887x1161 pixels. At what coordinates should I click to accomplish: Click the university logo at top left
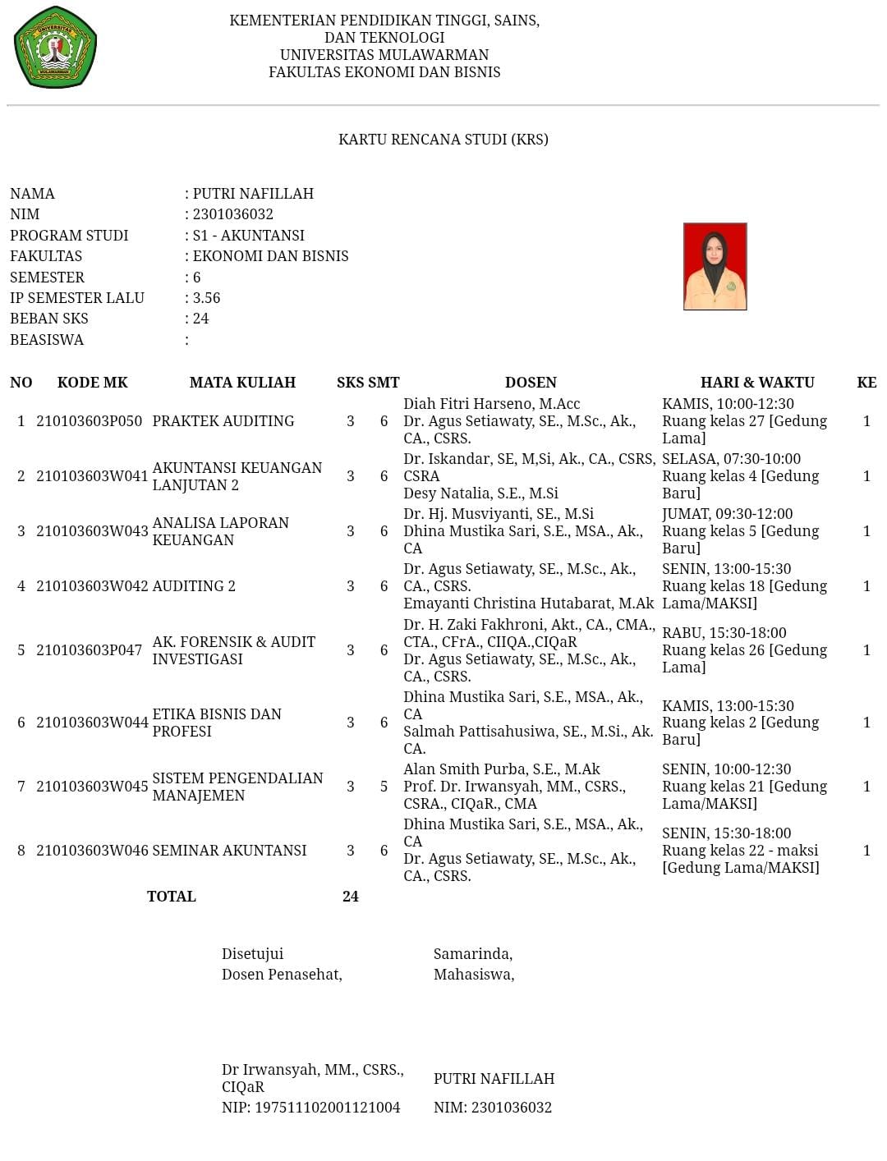[55, 47]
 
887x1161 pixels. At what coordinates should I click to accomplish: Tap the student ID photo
[715, 266]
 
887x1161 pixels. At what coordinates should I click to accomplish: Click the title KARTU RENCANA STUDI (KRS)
[443, 140]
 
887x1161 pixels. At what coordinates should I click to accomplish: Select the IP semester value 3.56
[206, 298]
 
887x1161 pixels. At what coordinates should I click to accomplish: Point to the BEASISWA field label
[47, 340]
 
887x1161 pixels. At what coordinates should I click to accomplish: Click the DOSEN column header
[531, 383]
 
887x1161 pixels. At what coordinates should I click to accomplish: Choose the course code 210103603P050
[89, 421]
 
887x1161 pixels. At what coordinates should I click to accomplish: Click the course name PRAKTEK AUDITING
[223, 421]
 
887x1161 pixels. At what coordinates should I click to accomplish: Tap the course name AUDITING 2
[194, 586]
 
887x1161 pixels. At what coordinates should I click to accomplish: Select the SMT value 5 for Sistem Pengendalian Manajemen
[384, 787]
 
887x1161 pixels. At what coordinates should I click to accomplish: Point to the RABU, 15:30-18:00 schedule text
[724, 633]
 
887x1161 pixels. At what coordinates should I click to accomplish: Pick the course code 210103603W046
[92, 851]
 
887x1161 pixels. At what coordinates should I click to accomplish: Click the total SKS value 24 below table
[351, 897]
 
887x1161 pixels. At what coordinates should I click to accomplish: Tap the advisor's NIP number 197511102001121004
[327, 1108]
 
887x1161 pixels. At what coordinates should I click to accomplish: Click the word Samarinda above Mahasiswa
[472, 954]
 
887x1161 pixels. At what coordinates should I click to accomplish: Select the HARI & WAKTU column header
[756, 383]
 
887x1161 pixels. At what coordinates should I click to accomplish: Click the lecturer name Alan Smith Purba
[501, 769]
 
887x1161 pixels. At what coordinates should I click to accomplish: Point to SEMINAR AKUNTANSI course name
[229, 851]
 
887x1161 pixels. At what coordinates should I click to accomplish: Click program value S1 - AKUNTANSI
[248, 236]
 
